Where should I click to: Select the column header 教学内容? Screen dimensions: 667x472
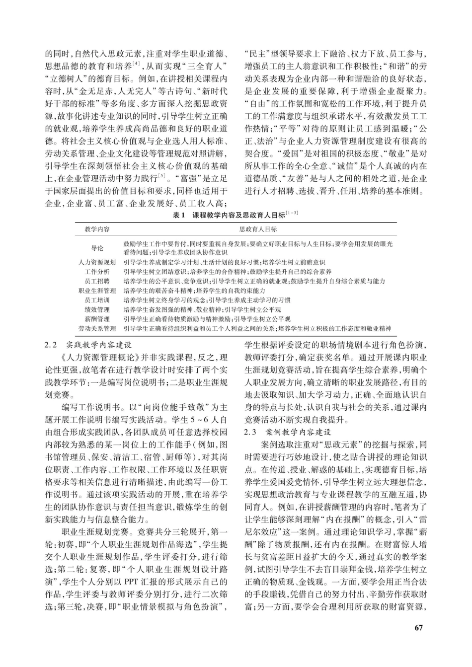click(x=97, y=229)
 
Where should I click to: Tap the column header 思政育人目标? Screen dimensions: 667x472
click(x=258, y=229)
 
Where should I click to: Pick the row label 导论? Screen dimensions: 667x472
click(x=97, y=248)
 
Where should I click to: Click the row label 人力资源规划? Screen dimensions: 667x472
click(x=97, y=262)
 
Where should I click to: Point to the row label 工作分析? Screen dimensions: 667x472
click(x=97, y=272)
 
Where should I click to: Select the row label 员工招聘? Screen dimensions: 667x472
click(x=97, y=281)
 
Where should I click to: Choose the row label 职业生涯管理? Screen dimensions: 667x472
click(x=97, y=291)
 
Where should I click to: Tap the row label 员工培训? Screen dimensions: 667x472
click(x=97, y=300)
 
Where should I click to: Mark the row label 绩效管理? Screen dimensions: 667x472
click(x=97, y=309)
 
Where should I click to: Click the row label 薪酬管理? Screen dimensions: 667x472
click(x=97, y=319)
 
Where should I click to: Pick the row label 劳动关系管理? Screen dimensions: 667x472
click(x=97, y=328)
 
